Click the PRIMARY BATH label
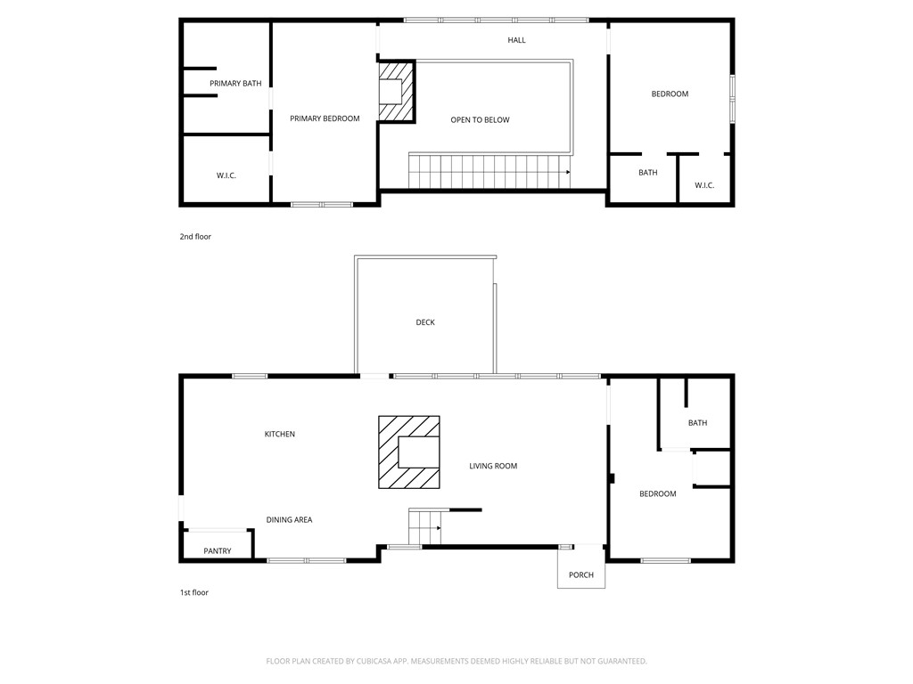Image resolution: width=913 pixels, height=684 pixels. click(x=235, y=84)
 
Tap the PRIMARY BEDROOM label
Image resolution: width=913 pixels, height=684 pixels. click(x=325, y=118)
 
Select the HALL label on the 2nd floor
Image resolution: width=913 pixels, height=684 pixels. click(x=516, y=40)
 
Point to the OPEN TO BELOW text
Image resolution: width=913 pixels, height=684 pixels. click(x=480, y=120)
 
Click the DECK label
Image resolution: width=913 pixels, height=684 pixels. click(x=425, y=322)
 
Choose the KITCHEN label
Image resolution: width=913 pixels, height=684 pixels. click(x=279, y=435)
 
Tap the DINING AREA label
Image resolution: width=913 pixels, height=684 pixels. click(x=289, y=520)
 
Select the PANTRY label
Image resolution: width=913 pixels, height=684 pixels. click(x=217, y=551)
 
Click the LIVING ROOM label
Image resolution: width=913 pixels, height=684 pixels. click(x=493, y=467)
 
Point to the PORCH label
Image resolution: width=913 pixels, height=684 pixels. click(x=581, y=575)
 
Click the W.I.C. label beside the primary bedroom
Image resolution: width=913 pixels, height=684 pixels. click(x=226, y=176)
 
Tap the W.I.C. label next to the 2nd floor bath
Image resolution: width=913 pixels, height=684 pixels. click(x=704, y=185)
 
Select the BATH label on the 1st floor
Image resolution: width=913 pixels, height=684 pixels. click(x=697, y=423)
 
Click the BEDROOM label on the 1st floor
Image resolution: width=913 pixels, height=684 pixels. click(x=657, y=494)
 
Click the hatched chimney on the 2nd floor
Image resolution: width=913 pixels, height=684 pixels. click(x=396, y=92)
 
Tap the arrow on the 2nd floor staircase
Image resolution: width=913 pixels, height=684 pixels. click(x=566, y=172)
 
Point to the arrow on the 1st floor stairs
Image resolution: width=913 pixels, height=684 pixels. click(x=437, y=529)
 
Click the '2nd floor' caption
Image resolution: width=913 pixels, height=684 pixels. click(x=195, y=237)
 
